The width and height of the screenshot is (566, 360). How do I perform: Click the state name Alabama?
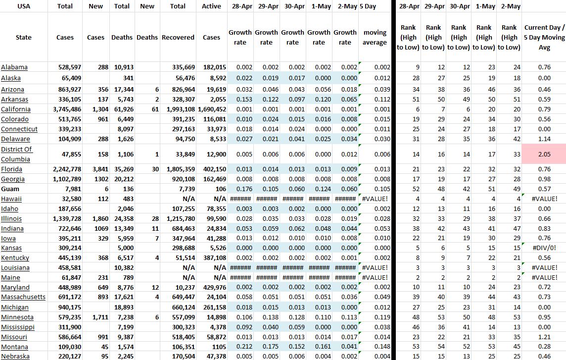pyautogui.click(x=14, y=67)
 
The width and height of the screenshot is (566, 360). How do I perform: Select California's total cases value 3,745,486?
pyautogui.click(x=65, y=109)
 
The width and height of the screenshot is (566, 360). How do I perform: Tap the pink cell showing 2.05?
pyautogui.click(x=544, y=154)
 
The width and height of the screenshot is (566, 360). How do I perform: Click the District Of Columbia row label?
pyautogui.click(x=16, y=154)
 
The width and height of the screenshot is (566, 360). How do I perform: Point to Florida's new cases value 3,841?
pyautogui.click(x=100, y=169)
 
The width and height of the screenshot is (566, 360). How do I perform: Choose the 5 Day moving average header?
pyautogui.click(x=375, y=38)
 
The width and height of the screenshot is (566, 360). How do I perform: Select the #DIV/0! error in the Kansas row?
pyautogui.click(x=545, y=248)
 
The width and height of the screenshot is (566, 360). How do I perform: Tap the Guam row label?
pyautogui.click(x=10, y=189)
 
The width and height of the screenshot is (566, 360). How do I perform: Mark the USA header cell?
pyautogui.click(x=23, y=6)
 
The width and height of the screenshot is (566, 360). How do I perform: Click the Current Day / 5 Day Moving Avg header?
pyautogui.click(x=544, y=38)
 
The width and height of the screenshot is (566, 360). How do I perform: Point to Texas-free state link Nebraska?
pyautogui.click(x=15, y=357)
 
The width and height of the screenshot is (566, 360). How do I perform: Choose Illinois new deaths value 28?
pyautogui.click(x=155, y=218)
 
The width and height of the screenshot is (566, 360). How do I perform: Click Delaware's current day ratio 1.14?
pyautogui.click(x=544, y=139)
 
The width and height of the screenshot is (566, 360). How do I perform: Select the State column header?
pyautogui.click(x=23, y=38)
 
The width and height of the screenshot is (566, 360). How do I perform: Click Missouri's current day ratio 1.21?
pyautogui.click(x=544, y=337)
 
